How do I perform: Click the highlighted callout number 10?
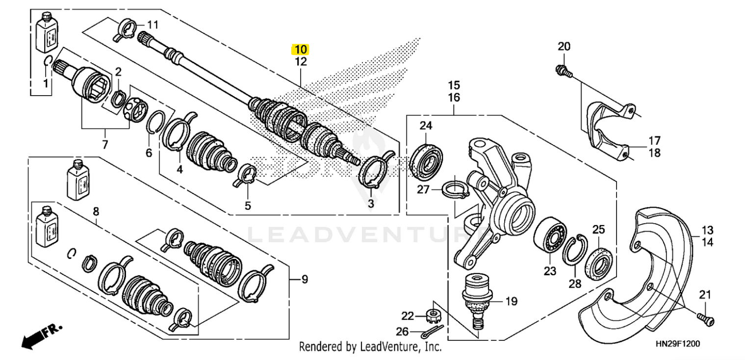click(x=300, y=49)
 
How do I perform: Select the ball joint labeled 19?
click(x=476, y=300)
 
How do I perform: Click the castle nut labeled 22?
click(x=434, y=315)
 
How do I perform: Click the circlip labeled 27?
click(x=455, y=189)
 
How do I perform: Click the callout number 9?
click(x=304, y=280)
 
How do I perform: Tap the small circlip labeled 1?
click(x=48, y=61)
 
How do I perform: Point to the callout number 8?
click(x=96, y=211)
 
